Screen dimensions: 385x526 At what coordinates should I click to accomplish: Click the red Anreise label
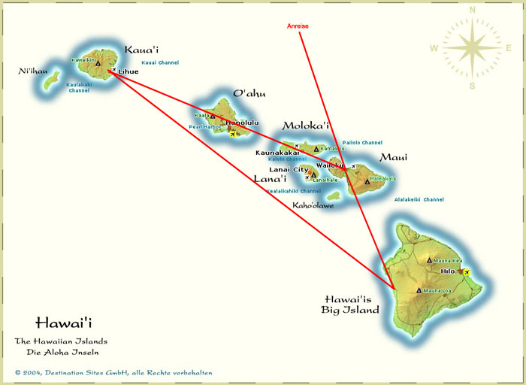pyautogui.click(x=298, y=26)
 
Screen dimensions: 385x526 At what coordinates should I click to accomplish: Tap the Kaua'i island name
pyautogui.click(x=141, y=50)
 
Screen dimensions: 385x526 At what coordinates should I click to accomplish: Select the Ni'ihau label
pyautogui.click(x=33, y=71)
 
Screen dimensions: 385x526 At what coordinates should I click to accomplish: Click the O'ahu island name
pyautogui.click(x=249, y=94)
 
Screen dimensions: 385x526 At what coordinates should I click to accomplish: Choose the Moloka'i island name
pyautogui.click(x=306, y=126)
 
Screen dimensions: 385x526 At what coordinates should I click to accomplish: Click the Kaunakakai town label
pyautogui.click(x=277, y=153)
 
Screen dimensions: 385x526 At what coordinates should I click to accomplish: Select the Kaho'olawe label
pyautogui.click(x=313, y=205)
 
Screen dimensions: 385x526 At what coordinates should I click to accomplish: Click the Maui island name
pyautogui.click(x=393, y=157)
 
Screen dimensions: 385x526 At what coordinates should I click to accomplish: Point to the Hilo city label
pyautogui.click(x=448, y=271)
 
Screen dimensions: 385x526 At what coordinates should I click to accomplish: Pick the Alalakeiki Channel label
pyautogui.click(x=419, y=200)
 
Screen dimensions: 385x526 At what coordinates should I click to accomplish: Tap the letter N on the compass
pyautogui.click(x=472, y=10)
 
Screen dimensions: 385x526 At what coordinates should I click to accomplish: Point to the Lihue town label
pyautogui.click(x=128, y=71)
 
